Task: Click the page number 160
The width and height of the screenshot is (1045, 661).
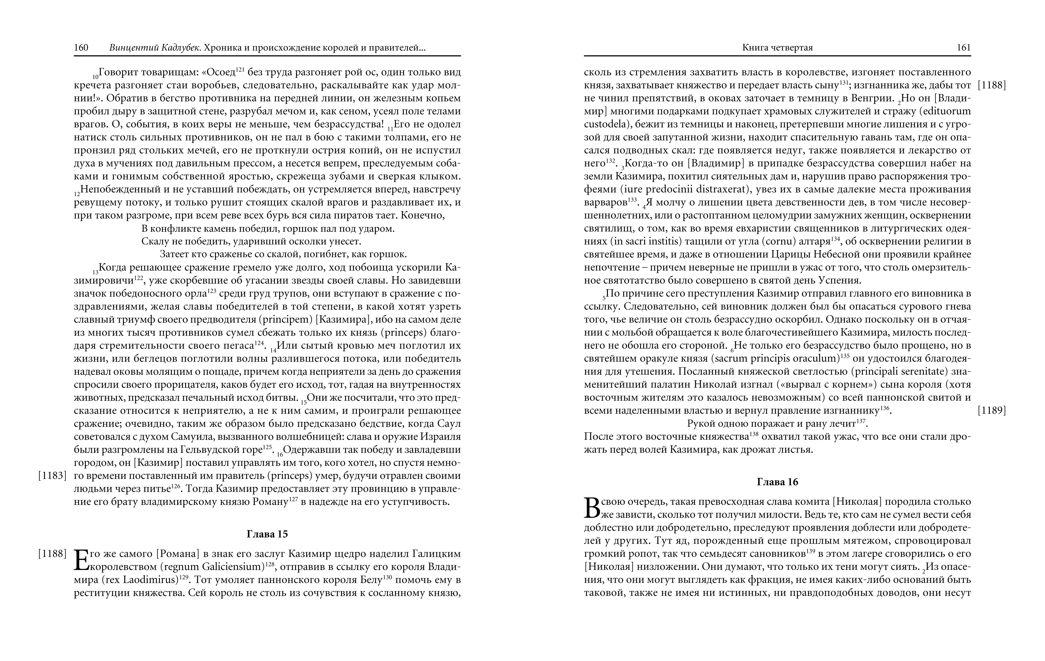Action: [x=81, y=48]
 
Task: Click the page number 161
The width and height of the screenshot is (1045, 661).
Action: [x=963, y=48]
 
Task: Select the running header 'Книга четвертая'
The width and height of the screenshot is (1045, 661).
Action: [x=777, y=48]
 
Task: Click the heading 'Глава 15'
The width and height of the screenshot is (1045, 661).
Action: [x=267, y=534]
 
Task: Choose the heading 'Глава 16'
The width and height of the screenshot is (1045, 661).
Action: [x=777, y=482]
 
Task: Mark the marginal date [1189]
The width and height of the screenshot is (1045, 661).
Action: [x=992, y=410]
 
